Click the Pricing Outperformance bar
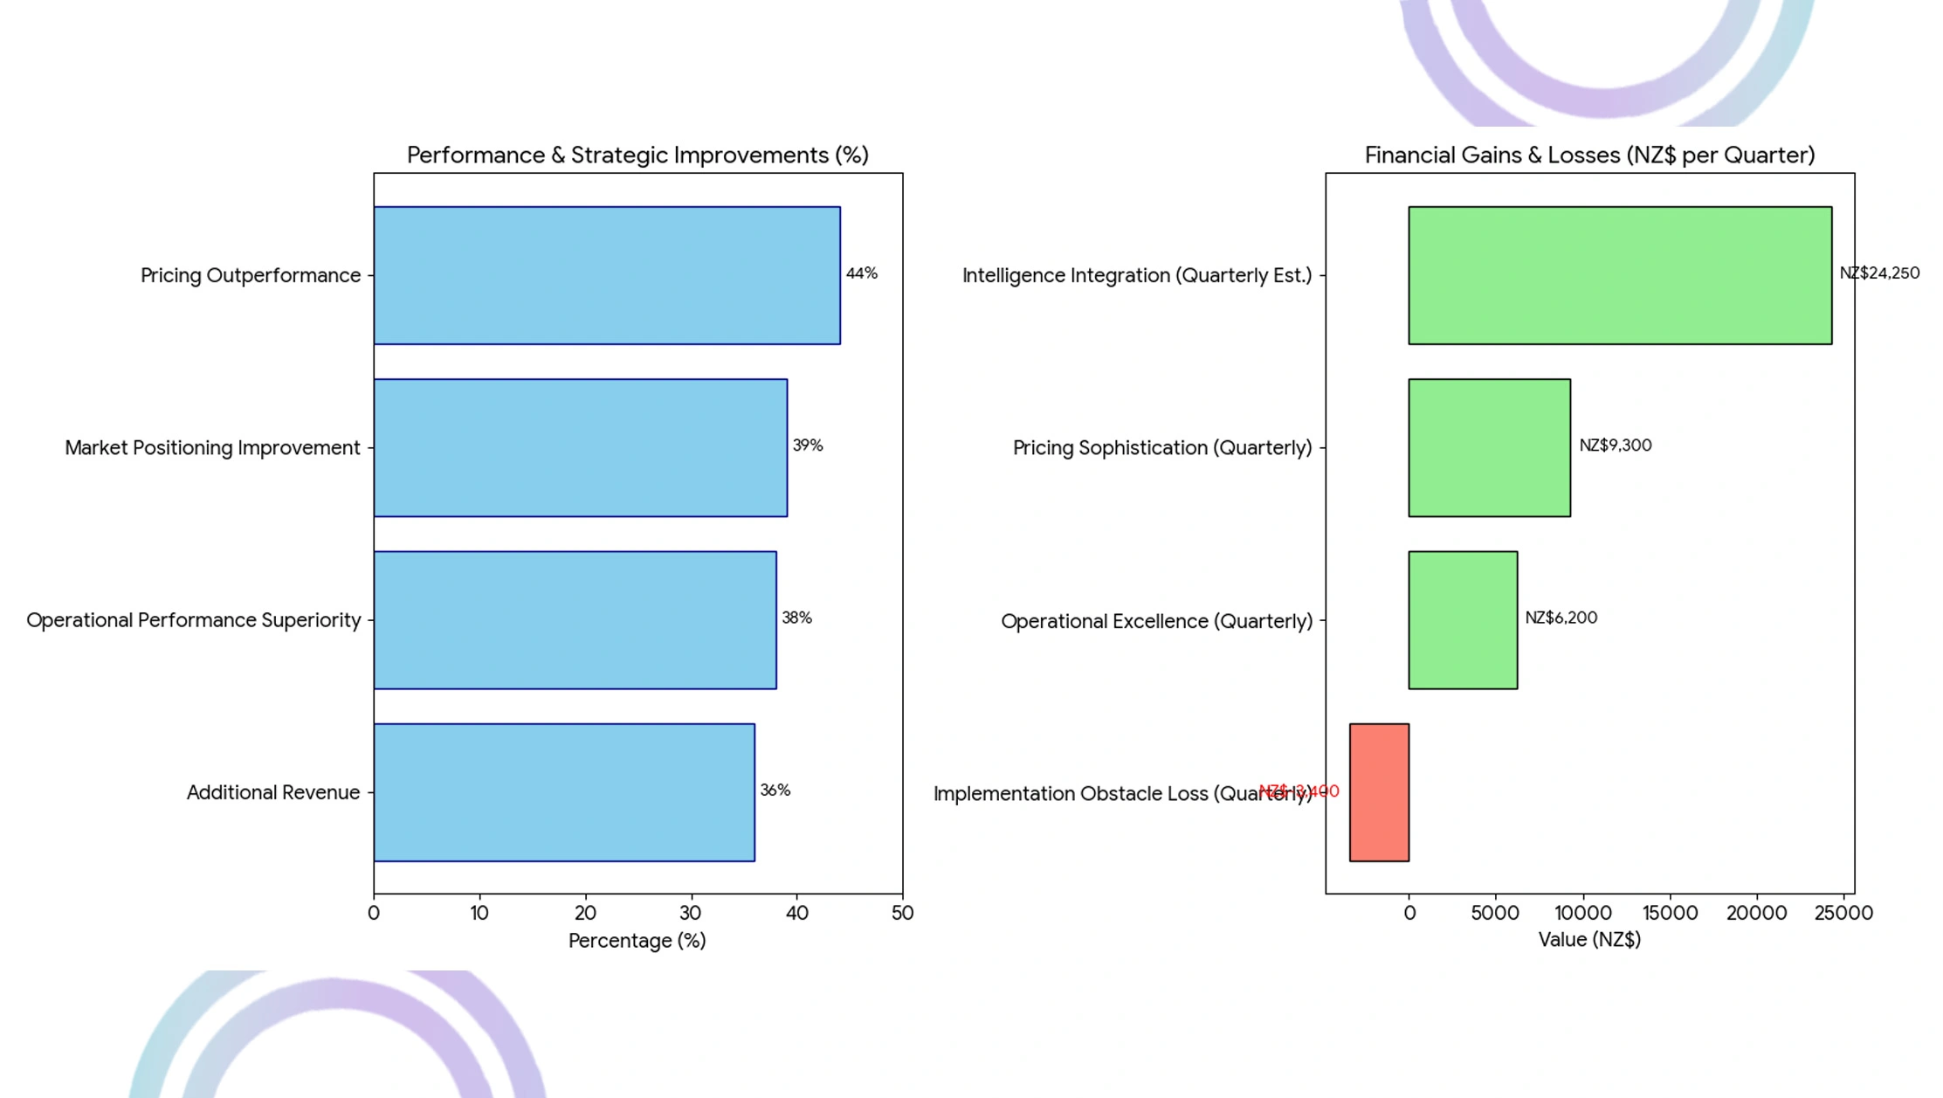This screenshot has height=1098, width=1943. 607,275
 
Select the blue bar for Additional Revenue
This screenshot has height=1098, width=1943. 564,792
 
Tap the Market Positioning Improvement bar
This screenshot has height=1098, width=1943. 581,447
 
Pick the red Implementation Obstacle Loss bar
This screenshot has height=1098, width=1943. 1379,792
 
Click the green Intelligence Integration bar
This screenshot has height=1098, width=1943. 1620,275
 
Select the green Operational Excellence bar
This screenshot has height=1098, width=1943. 1463,620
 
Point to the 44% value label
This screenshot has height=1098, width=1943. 861,273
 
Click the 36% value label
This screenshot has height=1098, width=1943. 775,791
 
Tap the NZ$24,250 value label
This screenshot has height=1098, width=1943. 1879,273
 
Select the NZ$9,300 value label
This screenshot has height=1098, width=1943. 1615,445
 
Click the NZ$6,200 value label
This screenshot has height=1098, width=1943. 1561,618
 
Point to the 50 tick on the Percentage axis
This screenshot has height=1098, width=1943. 902,913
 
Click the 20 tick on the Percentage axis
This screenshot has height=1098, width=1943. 585,913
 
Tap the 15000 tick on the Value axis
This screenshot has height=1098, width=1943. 1670,913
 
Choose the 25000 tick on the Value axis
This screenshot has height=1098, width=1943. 1843,913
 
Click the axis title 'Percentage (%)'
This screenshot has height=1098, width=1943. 637,941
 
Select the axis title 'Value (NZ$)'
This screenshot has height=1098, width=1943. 1589,940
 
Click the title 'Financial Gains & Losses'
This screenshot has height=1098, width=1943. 1589,155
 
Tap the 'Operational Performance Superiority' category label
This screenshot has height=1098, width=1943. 194,620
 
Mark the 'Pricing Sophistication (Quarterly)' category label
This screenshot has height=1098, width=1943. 1162,448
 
